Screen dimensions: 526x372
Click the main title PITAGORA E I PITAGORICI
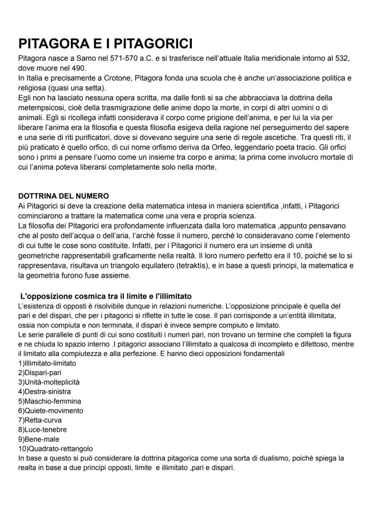[106, 44]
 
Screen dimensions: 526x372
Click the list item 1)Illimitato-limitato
[47, 363]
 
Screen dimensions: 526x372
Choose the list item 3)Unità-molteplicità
[49, 382]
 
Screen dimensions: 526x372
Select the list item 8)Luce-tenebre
[42, 430]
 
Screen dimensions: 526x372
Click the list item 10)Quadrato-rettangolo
[56, 449]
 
